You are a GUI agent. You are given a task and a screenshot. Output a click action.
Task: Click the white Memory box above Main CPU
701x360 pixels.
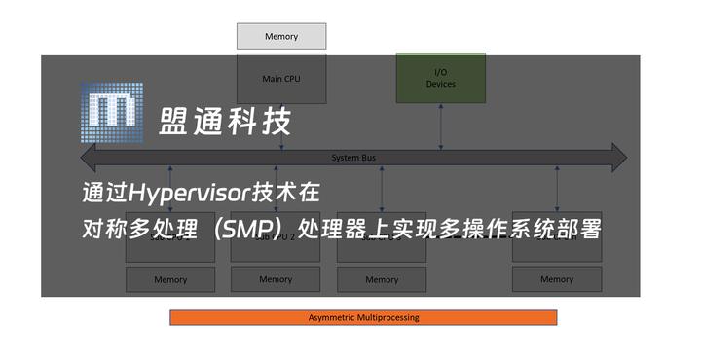click(281, 37)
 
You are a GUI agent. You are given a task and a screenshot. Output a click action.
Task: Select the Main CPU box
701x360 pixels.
click(281, 79)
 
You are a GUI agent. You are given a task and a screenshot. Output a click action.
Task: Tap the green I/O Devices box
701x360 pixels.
click(440, 78)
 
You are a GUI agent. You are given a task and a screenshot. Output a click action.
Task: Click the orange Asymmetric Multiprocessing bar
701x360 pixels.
click(363, 317)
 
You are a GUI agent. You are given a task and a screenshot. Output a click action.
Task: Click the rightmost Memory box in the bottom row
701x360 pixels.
click(557, 279)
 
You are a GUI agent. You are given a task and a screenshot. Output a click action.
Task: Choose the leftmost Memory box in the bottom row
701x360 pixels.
click(170, 279)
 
